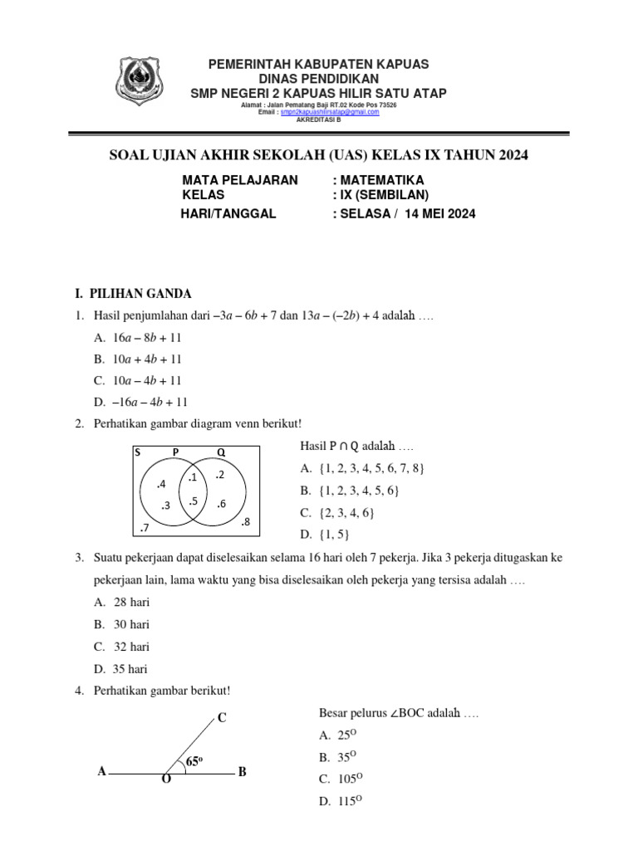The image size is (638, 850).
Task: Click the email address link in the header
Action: point(330,112)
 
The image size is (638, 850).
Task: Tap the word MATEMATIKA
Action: point(378,180)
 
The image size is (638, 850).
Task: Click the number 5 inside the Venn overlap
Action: point(192,501)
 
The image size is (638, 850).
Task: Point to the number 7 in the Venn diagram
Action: point(145,528)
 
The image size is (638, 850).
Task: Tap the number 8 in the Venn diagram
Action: point(244,522)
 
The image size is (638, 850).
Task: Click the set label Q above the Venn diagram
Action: point(221,452)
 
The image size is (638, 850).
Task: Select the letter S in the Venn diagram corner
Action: point(137,452)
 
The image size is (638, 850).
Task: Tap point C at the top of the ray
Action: point(222,718)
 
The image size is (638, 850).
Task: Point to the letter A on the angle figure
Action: point(101,772)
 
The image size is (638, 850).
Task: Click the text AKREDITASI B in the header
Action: point(318,119)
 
